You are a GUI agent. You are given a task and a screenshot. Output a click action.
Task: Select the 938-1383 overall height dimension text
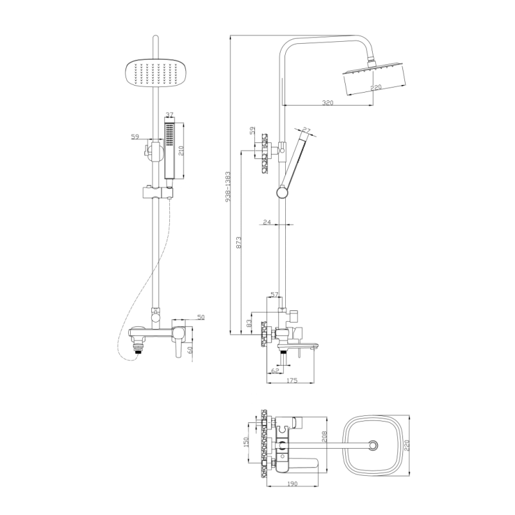tap(229, 186)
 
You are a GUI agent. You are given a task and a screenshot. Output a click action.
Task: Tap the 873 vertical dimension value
tap(239, 243)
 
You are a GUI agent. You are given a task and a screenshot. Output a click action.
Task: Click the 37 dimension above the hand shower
tap(169, 115)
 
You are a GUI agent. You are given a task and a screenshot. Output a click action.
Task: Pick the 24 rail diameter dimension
tap(267, 222)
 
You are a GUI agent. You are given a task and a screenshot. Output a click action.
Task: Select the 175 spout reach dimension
tap(290, 382)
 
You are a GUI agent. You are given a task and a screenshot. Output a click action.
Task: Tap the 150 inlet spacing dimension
tap(246, 443)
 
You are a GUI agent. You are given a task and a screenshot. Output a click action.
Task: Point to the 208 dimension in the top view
tap(324, 440)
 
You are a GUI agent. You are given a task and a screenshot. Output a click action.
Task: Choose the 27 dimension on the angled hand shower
tap(306, 131)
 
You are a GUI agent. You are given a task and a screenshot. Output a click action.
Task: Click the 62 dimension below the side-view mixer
tap(275, 371)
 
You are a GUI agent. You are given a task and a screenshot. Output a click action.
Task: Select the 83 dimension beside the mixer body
tap(249, 323)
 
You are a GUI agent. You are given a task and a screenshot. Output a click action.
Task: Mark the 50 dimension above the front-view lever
tap(200, 317)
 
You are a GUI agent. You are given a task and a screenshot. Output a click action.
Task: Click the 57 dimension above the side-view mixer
tap(274, 294)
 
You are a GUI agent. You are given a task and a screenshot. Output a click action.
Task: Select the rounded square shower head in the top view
tap(372, 445)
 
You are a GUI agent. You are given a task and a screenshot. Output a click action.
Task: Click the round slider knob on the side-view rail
tap(282, 191)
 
